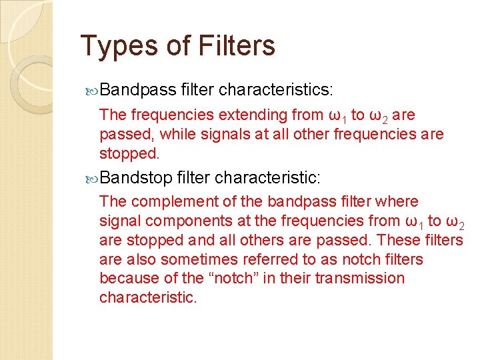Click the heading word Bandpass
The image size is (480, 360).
[x=139, y=89]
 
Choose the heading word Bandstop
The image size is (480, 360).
[x=137, y=178]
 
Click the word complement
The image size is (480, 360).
[x=166, y=201]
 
